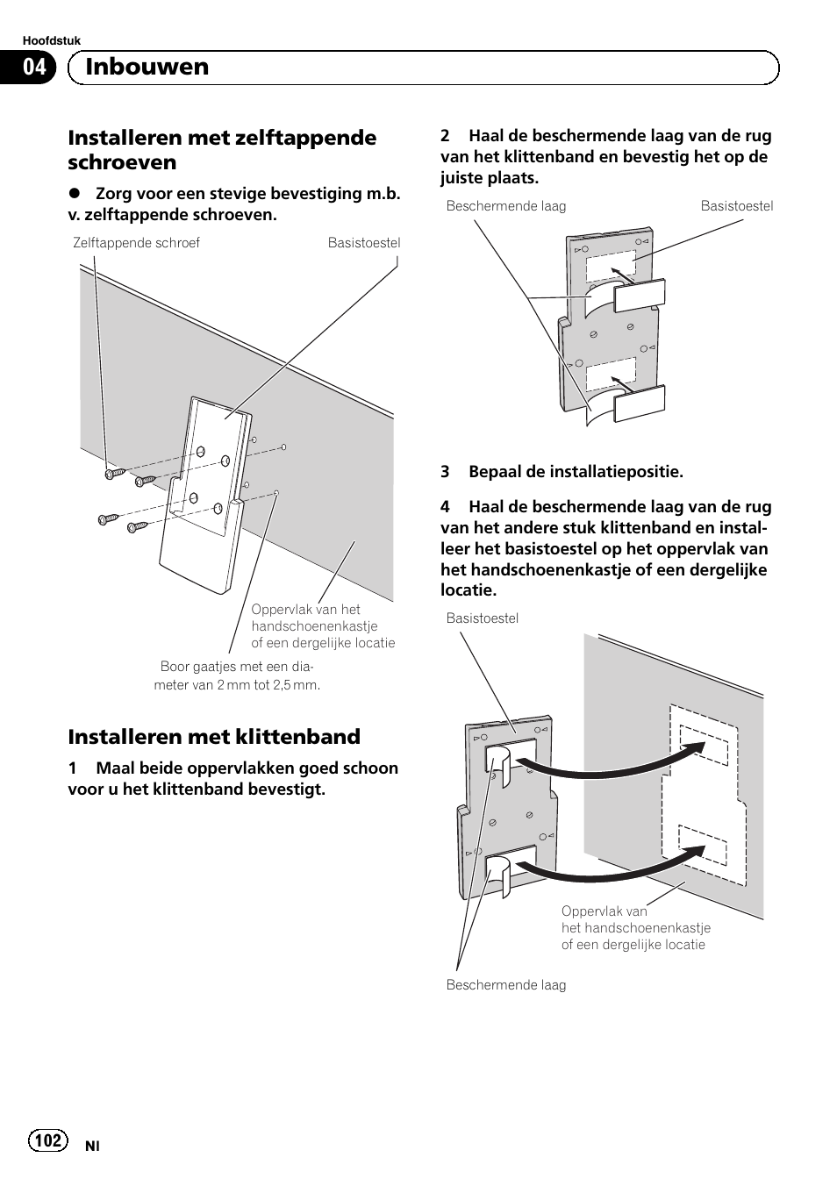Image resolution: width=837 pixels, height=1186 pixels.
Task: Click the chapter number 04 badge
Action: point(33,68)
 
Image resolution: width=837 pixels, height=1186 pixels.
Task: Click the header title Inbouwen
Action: point(147,68)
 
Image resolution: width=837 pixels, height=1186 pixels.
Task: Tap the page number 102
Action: point(48,1140)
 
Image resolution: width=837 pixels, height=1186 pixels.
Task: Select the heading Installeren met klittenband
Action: point(214,736)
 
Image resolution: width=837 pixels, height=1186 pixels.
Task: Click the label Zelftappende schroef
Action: point(136,243)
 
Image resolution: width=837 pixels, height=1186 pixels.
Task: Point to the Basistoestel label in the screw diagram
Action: point(363,243)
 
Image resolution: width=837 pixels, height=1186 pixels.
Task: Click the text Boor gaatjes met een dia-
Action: point(237,667)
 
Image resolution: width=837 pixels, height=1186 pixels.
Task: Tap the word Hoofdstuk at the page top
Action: point(51,41)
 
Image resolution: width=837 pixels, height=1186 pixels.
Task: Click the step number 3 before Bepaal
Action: point(445,472)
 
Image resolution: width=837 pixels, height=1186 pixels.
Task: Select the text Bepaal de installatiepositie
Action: point(575,472)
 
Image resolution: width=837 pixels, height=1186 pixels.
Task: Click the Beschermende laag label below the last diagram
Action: point(505,985)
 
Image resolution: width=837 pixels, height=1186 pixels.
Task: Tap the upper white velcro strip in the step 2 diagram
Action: point(639,296)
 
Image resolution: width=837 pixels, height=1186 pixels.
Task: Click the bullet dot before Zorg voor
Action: point(75,194)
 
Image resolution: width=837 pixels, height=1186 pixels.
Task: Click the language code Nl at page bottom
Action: point(92,1146)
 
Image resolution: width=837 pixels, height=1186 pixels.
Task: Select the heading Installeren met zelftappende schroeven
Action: point(222,149)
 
